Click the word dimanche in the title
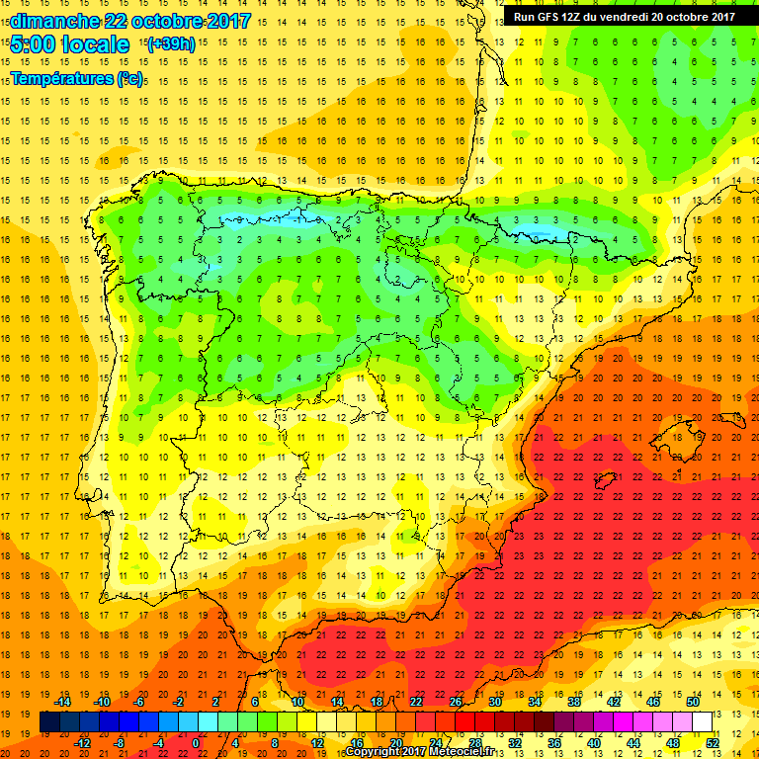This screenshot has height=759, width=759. [x=53, y=21]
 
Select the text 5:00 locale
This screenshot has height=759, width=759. [x=69, y=44]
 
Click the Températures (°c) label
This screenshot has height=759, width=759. [x=76, y=78]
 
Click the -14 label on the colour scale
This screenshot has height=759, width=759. [x=62, y=702]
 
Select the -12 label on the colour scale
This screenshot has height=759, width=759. [x=82, y=743]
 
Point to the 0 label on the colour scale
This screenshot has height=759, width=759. [x=196, y=743]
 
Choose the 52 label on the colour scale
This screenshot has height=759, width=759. [x=712, y=743]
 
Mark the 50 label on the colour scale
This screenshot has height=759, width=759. [x=693, y=702]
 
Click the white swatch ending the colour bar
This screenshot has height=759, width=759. [x=703, y=722]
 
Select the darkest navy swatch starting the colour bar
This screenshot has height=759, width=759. [x=48, y=722]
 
